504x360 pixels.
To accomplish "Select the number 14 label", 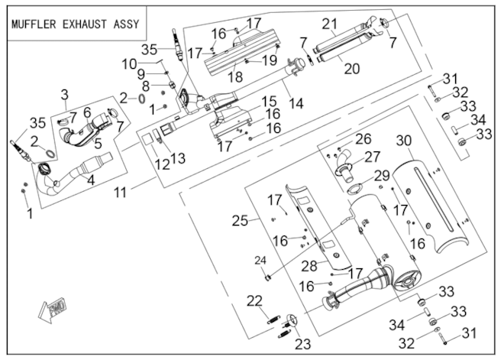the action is coord(296,103).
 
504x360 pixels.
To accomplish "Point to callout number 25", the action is coord(241,221).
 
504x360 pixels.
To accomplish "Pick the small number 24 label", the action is coord(260,261).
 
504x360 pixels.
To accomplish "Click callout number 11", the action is coord(120,193).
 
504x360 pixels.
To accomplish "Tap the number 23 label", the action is coord(303,344).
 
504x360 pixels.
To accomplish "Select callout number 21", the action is coord(330,24).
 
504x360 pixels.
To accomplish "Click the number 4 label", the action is coord(92,180).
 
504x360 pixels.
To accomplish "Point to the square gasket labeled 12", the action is coord(147,138).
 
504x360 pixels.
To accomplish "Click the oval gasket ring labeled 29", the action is coord(354,188).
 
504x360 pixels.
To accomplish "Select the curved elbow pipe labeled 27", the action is coord(345,164).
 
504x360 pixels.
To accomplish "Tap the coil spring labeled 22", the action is coord(274,318).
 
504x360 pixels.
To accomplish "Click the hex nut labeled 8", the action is coord(173,85).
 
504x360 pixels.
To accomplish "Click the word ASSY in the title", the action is coord(126,24).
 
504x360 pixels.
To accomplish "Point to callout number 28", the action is coord(309,265).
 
